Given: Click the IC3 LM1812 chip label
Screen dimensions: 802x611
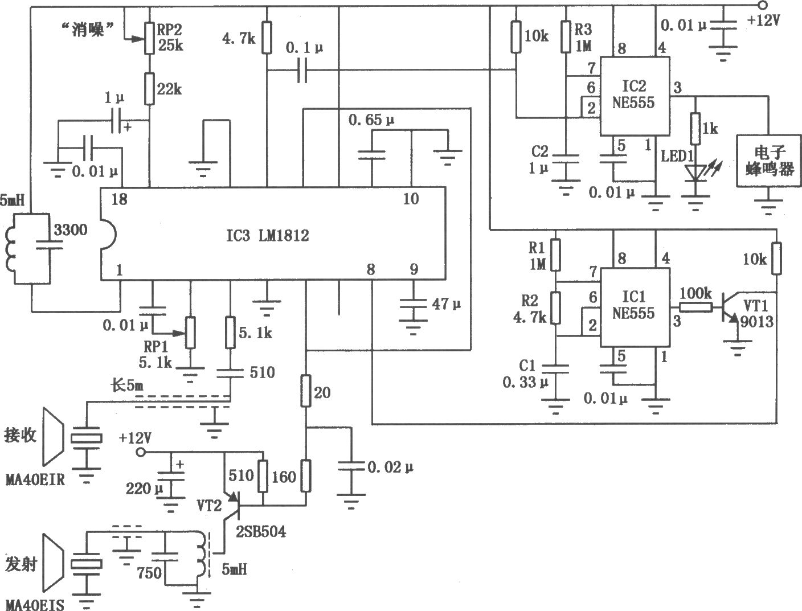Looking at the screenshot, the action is (268, 236).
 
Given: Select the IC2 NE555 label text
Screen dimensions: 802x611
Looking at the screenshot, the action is (633, 95).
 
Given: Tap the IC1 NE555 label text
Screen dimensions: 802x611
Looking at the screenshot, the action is (633, 305).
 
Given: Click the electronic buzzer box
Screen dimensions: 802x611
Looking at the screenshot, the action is (768, 161).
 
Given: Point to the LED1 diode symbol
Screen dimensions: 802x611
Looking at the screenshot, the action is (695, 174).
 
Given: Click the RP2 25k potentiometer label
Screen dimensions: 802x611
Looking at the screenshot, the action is (170, 38).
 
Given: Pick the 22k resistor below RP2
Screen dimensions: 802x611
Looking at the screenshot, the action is (149, 88).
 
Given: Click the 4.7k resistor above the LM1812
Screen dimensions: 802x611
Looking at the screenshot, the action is (267, 37).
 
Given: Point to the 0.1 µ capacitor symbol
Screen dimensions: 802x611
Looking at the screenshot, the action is (302, 71).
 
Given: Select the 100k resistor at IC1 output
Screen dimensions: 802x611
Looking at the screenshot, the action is (696, 308).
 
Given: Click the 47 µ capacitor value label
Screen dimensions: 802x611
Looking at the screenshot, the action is (447, 304).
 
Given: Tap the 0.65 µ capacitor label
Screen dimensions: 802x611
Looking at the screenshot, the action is (371, 120).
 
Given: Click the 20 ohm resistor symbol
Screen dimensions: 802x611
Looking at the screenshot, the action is (306, 391).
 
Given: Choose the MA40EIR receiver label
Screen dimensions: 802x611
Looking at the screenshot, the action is (35, 479).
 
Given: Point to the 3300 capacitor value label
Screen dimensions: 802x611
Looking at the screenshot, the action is (71, 230).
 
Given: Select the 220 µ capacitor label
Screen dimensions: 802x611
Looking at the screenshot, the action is (144, 489).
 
